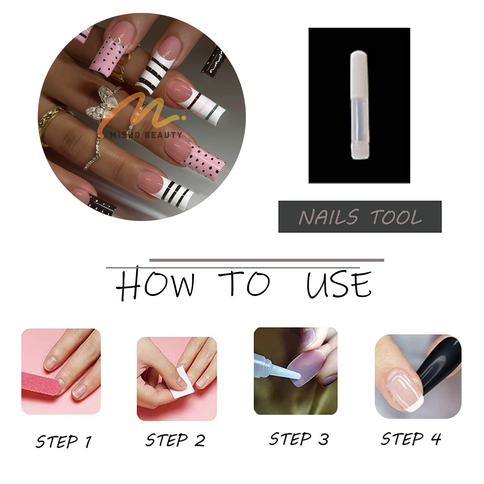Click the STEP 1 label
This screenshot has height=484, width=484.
[x=64, y=441]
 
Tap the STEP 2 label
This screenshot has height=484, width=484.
[x=175, y=440]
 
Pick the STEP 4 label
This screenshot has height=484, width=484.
[x=411, y=439]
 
